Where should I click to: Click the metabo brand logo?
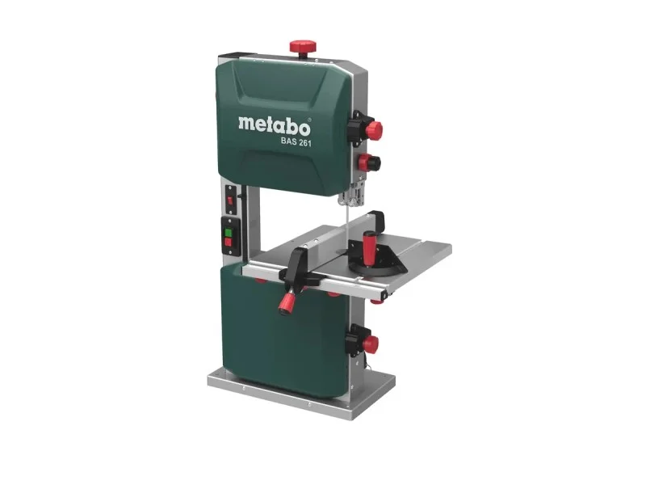coord(274,126)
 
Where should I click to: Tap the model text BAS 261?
coord(296,142)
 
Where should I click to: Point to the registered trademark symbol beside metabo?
coord(309,120)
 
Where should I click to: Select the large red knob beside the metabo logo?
coord(374,130)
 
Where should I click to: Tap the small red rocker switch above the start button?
coord(230,200)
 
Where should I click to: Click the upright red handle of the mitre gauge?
coord(368,247)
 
